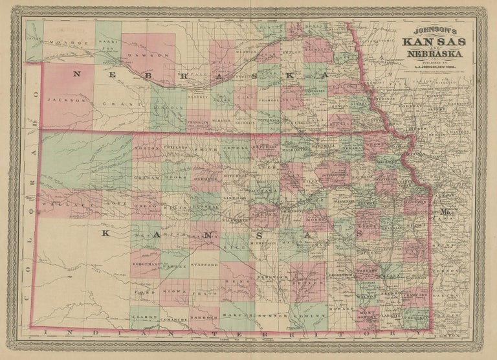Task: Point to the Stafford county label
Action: coord(204,264)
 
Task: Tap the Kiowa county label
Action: coord(174,292)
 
